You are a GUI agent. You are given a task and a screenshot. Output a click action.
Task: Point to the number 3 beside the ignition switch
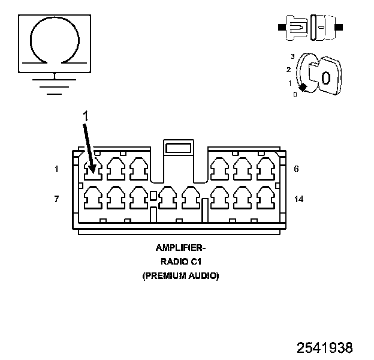point(292,56)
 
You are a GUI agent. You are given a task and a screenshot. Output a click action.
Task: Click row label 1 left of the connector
point(56,169)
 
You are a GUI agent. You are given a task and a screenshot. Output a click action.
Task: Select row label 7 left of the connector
point(56,199)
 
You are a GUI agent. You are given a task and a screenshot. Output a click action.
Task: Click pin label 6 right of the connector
point(297,169)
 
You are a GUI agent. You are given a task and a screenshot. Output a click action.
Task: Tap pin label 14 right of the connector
point(298,199)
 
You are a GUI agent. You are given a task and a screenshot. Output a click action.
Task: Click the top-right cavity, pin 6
point(264,169)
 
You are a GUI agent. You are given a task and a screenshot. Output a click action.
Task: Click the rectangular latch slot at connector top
point(179,148)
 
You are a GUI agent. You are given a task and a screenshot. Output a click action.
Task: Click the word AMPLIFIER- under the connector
point(180,248)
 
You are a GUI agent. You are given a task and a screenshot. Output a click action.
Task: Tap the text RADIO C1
point(180,262)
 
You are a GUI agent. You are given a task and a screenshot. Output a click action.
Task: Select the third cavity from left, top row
point(138,169)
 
